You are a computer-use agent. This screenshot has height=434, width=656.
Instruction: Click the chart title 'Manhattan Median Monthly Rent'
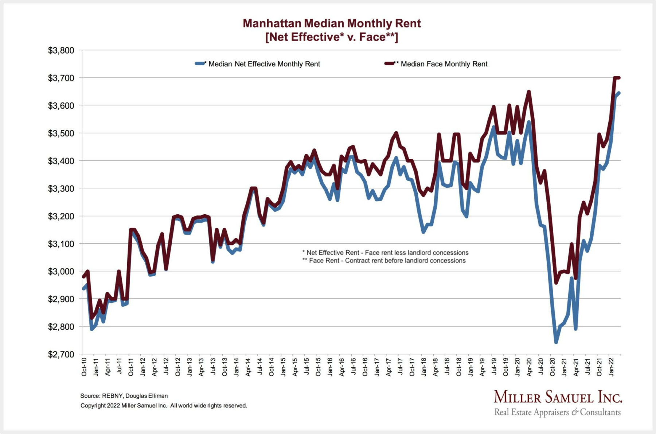(x=332, y=23)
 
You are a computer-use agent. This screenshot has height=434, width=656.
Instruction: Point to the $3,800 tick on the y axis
(x=61, y=50)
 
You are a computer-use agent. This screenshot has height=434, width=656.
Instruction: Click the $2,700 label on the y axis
(x=61, y=354)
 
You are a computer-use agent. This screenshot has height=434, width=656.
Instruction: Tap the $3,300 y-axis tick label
(x=61, y=188)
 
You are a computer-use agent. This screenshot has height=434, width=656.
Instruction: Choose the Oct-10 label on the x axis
(x=84, y=367)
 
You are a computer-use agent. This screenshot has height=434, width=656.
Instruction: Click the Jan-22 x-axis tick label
(x=611, y=367)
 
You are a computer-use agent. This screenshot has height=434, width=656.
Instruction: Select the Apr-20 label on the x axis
(x=529, y=367)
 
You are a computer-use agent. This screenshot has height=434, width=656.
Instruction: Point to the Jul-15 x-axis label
(x=306, y=367)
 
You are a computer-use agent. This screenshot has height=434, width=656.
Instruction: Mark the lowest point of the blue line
(x=556, y=342)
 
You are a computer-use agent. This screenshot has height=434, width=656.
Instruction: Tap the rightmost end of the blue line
(x=619, y=93)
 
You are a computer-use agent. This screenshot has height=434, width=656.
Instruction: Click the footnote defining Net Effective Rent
(x=385, y=253)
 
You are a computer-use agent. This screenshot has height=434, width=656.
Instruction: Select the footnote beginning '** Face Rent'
(x=384, y=261)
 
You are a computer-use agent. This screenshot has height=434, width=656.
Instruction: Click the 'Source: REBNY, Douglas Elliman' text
(x=124, y=396)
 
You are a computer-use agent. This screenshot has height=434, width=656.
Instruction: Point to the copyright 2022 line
(x=164, y=406)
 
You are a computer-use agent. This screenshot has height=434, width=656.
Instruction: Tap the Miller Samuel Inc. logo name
(x=558, y=397)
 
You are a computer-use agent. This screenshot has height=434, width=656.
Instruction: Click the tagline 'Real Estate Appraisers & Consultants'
(x=557, y=412)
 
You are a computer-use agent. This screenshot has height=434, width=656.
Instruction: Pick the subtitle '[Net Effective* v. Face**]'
(x=332, y=37)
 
